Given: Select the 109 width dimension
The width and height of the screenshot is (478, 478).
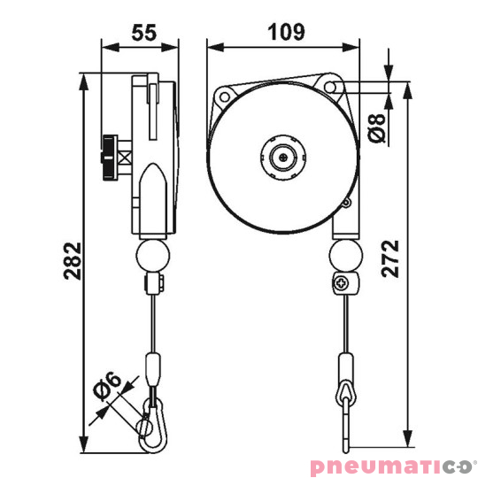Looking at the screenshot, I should pos(286,32).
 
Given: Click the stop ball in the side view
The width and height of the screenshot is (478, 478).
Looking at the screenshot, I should pos(152,258).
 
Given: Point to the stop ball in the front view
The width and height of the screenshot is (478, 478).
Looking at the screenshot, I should pos(345,258).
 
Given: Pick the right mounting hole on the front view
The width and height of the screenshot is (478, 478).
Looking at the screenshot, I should pos(334,86).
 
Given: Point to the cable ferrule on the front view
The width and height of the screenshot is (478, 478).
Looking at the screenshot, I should pos(343,365).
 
